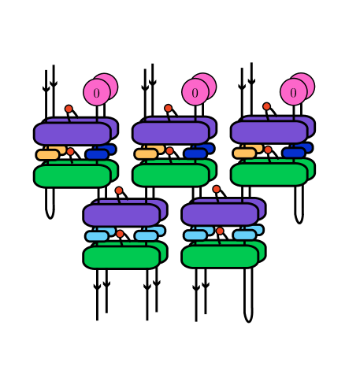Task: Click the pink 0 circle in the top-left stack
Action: pyautogui.click(x=96, y=93)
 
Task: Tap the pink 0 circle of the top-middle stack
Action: pyautogui.click(x=195, y=93)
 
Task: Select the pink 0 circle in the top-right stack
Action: pyautogui.click(x=293, y=93)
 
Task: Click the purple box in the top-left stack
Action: pyautogui.click(x=72, y=134)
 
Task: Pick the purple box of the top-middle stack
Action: pyautogui.click(x=170, y=133)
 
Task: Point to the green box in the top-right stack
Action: pyautogui.click(x=269, y=174)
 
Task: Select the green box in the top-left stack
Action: pyautogui.click(x=72, y=176)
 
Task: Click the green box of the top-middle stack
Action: pyautogui.click(x=170, y=175)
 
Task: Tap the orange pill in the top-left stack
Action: pyautogui.click(x=47, y=155)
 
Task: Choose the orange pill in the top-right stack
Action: pyautogui.click(x=244, y=154)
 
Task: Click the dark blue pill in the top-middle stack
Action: pyautogui.click(x=195, y=154)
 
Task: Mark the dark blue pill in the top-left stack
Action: pyautogui.click(x=96, y=155)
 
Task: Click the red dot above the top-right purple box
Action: pyautogui.click(x=266, y=106)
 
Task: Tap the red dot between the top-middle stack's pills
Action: pyautogui.click(x=169, y=151)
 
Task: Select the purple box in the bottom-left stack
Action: pyautogui.click(x=121, y=215)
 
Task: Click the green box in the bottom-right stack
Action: pyautogui.click(x=220, y=256)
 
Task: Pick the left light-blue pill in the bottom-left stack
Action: pyautogui.click(x=97, y=236)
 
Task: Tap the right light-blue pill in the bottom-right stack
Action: pyautogui.click(x=244, y=235)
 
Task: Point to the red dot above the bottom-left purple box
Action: pyautogui.click(x=119, y=191)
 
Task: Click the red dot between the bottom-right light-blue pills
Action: pyautogui.click(x=220, y=231)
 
